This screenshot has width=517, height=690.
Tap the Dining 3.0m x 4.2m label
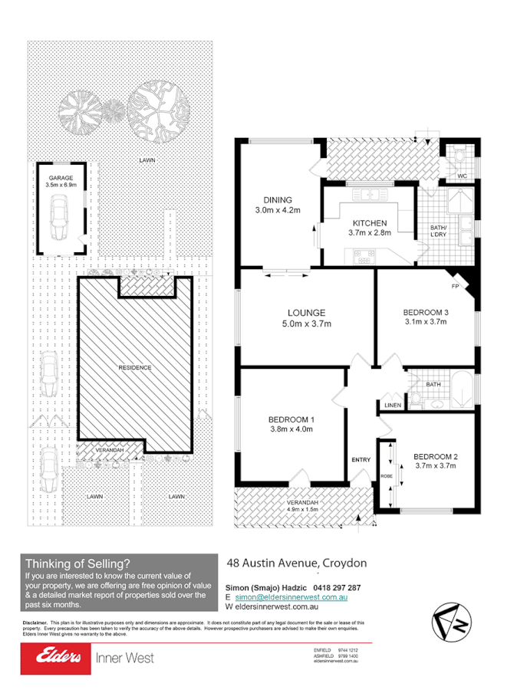(x=277, y=205)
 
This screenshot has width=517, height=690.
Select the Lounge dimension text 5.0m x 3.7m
(x=307, y=324)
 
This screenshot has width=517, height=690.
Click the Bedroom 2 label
(x=435, y=458)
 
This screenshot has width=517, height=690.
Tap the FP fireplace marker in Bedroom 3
(x=455, y=286)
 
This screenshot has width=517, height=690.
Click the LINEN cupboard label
(x=392, y=405)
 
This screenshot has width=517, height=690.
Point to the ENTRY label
(x=361, y=459)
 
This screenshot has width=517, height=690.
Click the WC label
(x=462, y=176)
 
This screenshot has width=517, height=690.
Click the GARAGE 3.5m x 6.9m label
(x=61, y=181)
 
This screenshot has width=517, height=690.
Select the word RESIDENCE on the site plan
(x=134, y=367)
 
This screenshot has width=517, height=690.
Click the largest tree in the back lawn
(x=159, y=107)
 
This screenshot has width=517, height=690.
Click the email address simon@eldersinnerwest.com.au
(x=292, y=596)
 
